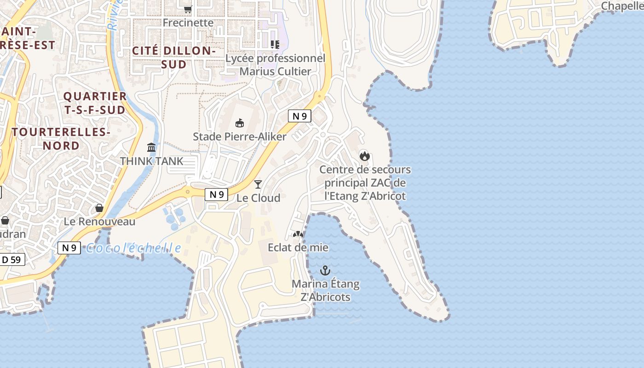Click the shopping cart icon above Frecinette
(188, 9)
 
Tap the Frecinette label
(188, 23)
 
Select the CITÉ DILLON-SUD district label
(174, 57)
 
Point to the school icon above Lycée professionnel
(275, 45)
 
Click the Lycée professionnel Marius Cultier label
(275, 65)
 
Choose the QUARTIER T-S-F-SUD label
(95, 103)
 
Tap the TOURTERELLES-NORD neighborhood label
(61, 139)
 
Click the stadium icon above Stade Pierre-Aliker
(239, 123)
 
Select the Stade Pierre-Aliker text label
(239, 137)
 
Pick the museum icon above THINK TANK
(151, 147)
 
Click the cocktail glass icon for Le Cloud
(258, 184)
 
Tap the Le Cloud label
(258, 198)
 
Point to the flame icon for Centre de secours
(365, 156)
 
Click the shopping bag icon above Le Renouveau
(99, 208)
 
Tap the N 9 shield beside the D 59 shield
(69, 248)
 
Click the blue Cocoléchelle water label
(133, 248)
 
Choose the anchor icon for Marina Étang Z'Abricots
(326, 270)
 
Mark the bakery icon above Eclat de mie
(298, 234)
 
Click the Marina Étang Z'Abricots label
(326, 290)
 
